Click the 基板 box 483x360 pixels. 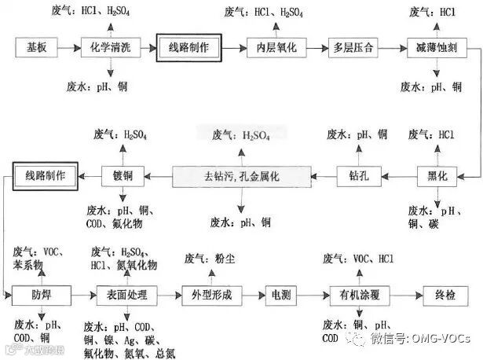(35, 47)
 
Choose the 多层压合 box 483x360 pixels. (353, 47)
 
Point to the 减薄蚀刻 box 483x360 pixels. (436, 47)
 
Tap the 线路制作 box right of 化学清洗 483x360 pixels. (188, 47)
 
